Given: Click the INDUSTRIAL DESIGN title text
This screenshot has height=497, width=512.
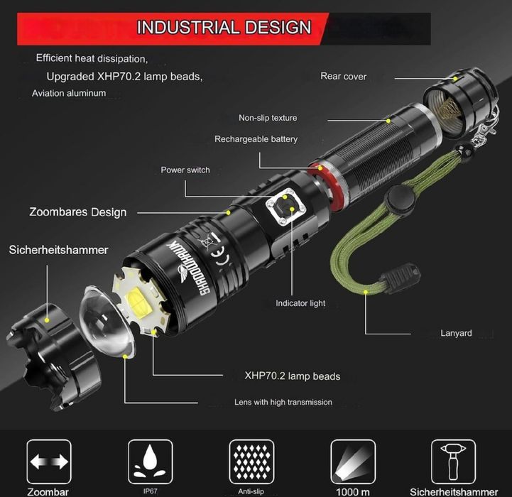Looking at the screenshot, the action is tap(224, 27).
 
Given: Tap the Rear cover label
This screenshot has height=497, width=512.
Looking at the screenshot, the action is tap(344, 77).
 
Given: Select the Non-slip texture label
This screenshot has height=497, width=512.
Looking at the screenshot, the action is tap(268, 118).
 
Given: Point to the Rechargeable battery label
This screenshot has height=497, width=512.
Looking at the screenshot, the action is tap(256, 139).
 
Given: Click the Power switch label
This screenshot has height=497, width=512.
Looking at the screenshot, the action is tap(185, 170).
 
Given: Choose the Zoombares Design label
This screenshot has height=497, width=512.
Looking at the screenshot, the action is tap(77, 212).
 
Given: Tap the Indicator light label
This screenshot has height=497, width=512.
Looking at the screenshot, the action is tap(300, 303).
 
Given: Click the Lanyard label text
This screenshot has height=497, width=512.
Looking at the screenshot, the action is tap(456, 333).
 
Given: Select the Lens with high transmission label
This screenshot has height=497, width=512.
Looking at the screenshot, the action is tap(283, 402).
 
